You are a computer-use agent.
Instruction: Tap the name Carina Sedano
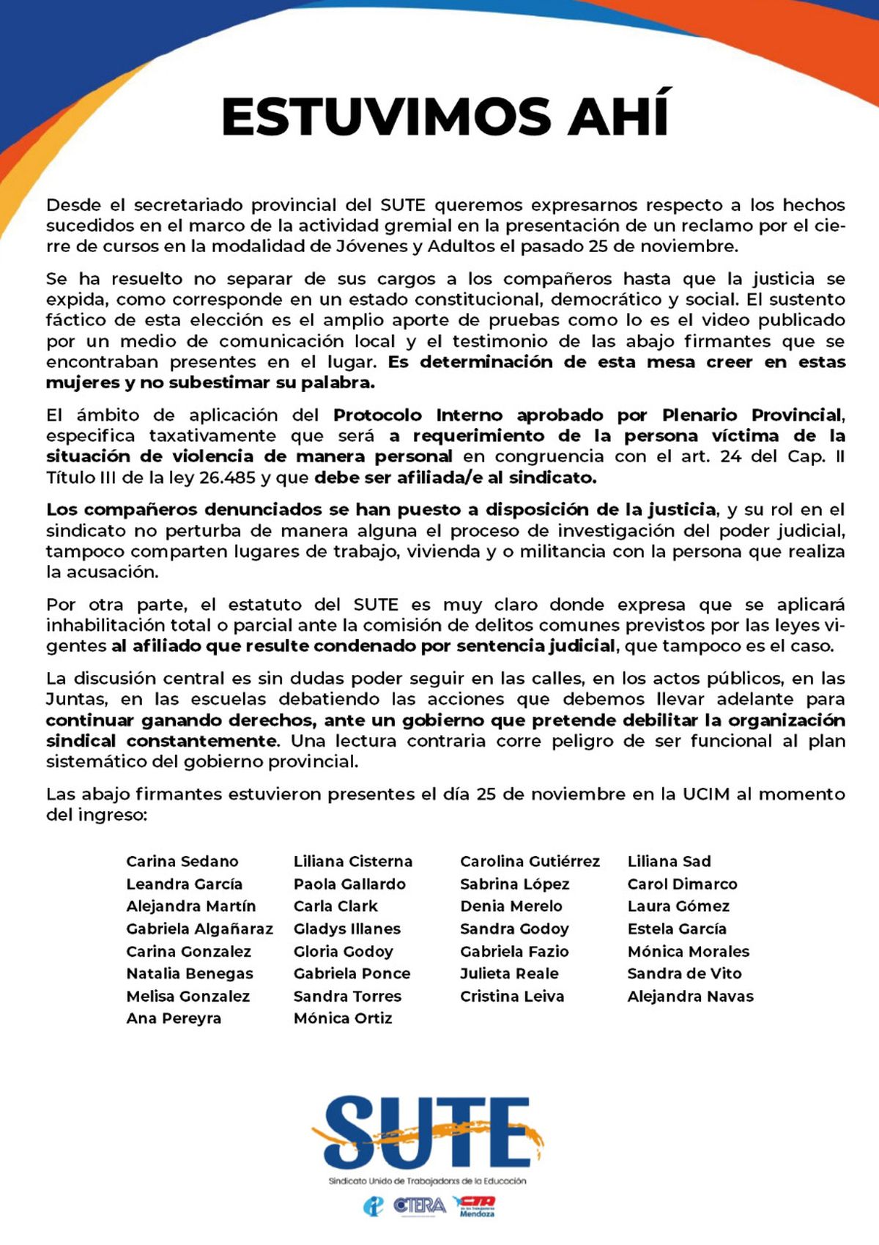[x=182, y=862]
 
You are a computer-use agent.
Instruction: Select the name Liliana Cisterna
[x=353, y=862]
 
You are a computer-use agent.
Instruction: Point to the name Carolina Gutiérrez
[x=530, y=862]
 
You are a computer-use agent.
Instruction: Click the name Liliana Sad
[x=669, y=862]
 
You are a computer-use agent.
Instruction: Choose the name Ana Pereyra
[x=174, y=1019]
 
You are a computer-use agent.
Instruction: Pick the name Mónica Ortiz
[x=343, y=1019]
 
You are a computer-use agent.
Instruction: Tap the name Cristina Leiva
[x=512, y=997]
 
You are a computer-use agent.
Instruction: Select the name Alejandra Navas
[x=690, y=997]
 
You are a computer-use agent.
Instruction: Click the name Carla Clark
[x=335, y=906]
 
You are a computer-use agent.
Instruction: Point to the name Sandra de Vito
[x=684, y=974]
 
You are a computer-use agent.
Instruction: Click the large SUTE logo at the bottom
[x=429, y=1132]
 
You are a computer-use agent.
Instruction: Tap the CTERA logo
[x=419, y=1205]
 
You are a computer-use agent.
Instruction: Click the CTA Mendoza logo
[x=475, y=1205]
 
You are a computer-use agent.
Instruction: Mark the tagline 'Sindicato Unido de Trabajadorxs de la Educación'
[x=427, y=1181]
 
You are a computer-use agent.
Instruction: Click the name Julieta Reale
[x=509, y=974]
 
